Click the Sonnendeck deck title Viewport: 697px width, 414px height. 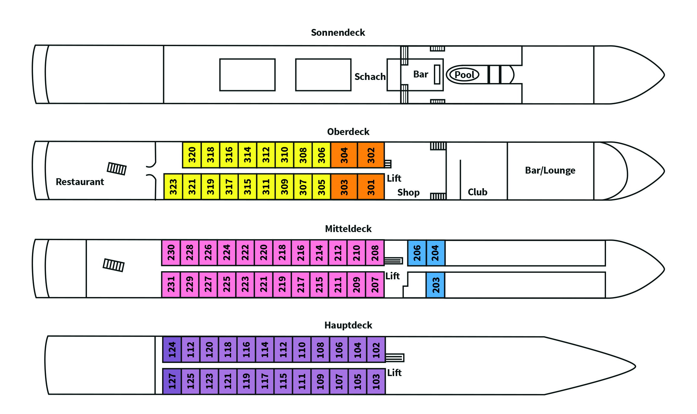338,33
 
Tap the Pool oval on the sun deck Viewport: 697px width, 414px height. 464,75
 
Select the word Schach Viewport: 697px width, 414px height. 370,77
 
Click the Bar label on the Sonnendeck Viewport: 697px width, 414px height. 421,74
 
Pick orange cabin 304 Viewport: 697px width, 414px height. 344,155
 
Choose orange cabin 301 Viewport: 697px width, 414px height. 371,187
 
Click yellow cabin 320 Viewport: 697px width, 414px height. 192,155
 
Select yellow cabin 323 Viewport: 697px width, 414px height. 173,187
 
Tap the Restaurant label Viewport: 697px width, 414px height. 80,182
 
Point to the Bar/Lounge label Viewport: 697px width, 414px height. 550,170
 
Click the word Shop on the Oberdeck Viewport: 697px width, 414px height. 408,193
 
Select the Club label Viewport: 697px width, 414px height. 477,192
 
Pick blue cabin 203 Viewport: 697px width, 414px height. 435,285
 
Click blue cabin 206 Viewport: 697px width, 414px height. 417,253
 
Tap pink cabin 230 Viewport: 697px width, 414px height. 171,253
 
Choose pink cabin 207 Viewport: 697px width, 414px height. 375,285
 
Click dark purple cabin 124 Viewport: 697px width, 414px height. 172,349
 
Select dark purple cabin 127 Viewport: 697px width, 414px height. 172,381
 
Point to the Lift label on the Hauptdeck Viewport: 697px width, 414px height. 394,373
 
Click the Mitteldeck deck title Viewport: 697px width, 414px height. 348,229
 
